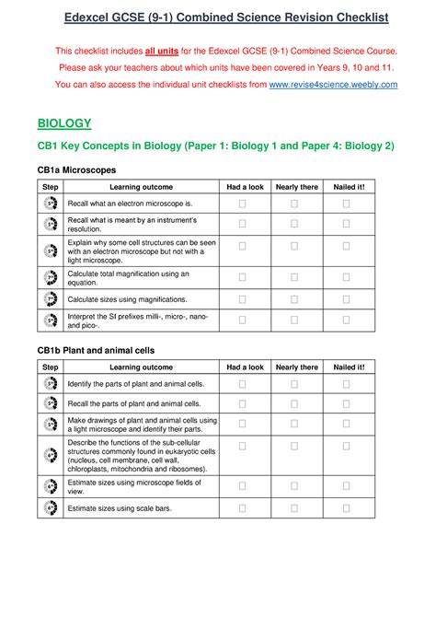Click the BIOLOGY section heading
click(63, 122)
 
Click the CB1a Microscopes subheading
click(76, 170)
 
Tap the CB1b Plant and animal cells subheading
click(96, 350)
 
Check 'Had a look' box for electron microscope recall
click(243, 203)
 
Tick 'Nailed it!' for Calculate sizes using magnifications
click(347, 298)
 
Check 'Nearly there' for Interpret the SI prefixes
click(294, 320)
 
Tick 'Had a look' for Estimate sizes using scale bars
click(243, 507)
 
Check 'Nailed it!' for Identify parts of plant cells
click(347, 383)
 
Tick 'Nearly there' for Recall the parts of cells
click(294, 403)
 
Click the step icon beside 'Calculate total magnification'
click(50, 277)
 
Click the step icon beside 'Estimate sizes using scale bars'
click(50, 507)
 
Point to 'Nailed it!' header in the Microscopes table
click(349, 187)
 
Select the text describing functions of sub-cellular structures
click(142, 456)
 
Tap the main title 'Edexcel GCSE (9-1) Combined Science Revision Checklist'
click(218, 17)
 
